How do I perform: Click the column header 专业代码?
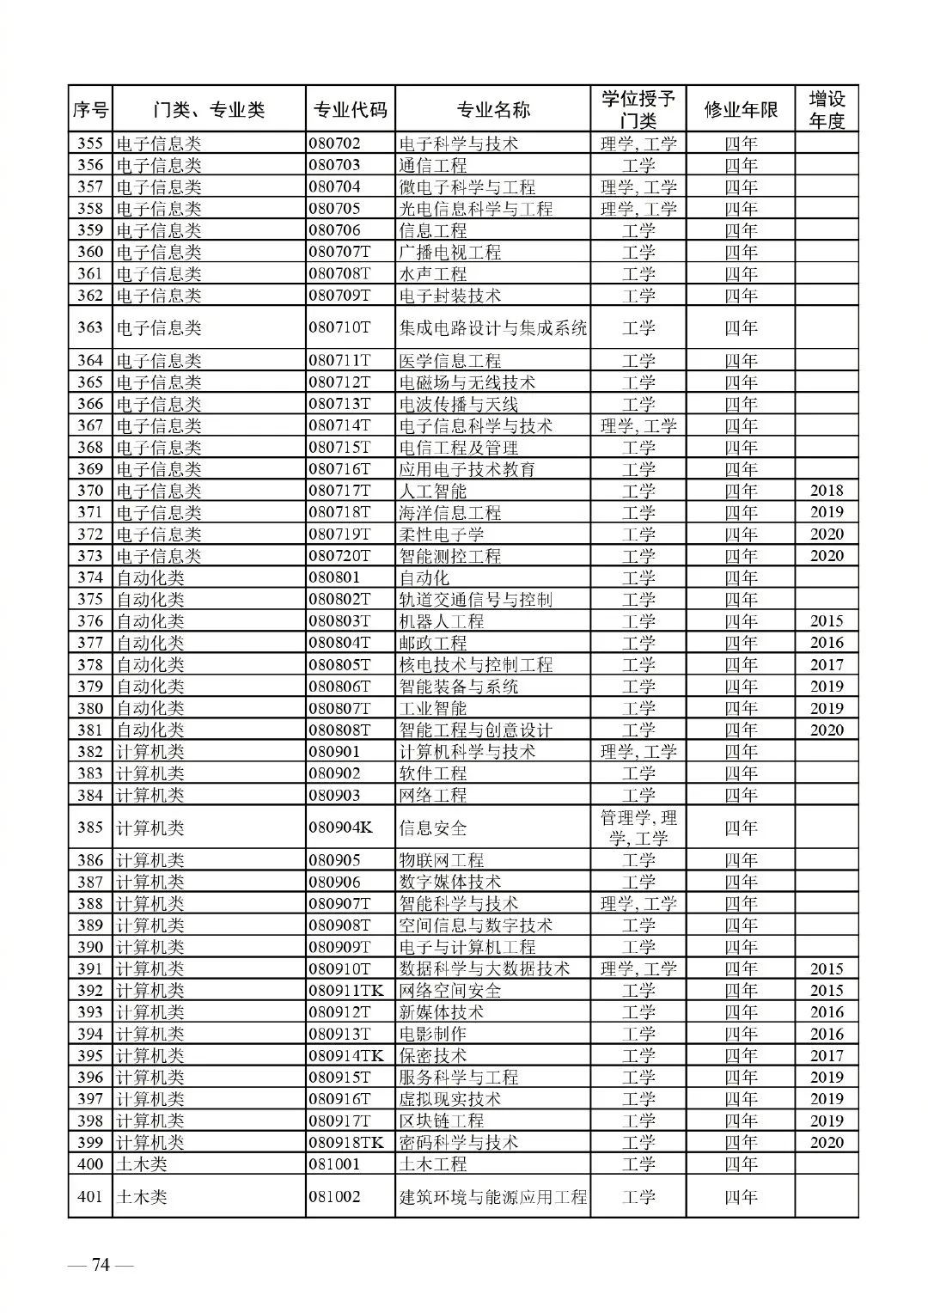(350, 110)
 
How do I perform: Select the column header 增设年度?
(827, 110)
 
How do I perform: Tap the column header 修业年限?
(740, 110)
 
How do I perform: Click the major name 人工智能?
(433, 492)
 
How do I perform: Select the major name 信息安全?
(433, 828)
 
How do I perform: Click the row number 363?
(90, 327)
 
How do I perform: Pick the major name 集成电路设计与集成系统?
(493, 328)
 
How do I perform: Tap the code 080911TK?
(346, 991)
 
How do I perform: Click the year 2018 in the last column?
(827, 492)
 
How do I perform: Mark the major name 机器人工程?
(442, 621)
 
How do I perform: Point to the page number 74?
(101, 1266)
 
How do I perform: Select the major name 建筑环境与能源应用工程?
(493, 1197)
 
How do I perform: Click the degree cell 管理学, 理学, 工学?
(638, 828)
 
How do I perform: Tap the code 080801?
(335, 578)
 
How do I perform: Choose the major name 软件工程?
(433, 773)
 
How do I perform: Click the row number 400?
(90, 1164)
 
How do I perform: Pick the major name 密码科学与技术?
(459, 1143)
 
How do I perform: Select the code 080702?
(335, 144)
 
